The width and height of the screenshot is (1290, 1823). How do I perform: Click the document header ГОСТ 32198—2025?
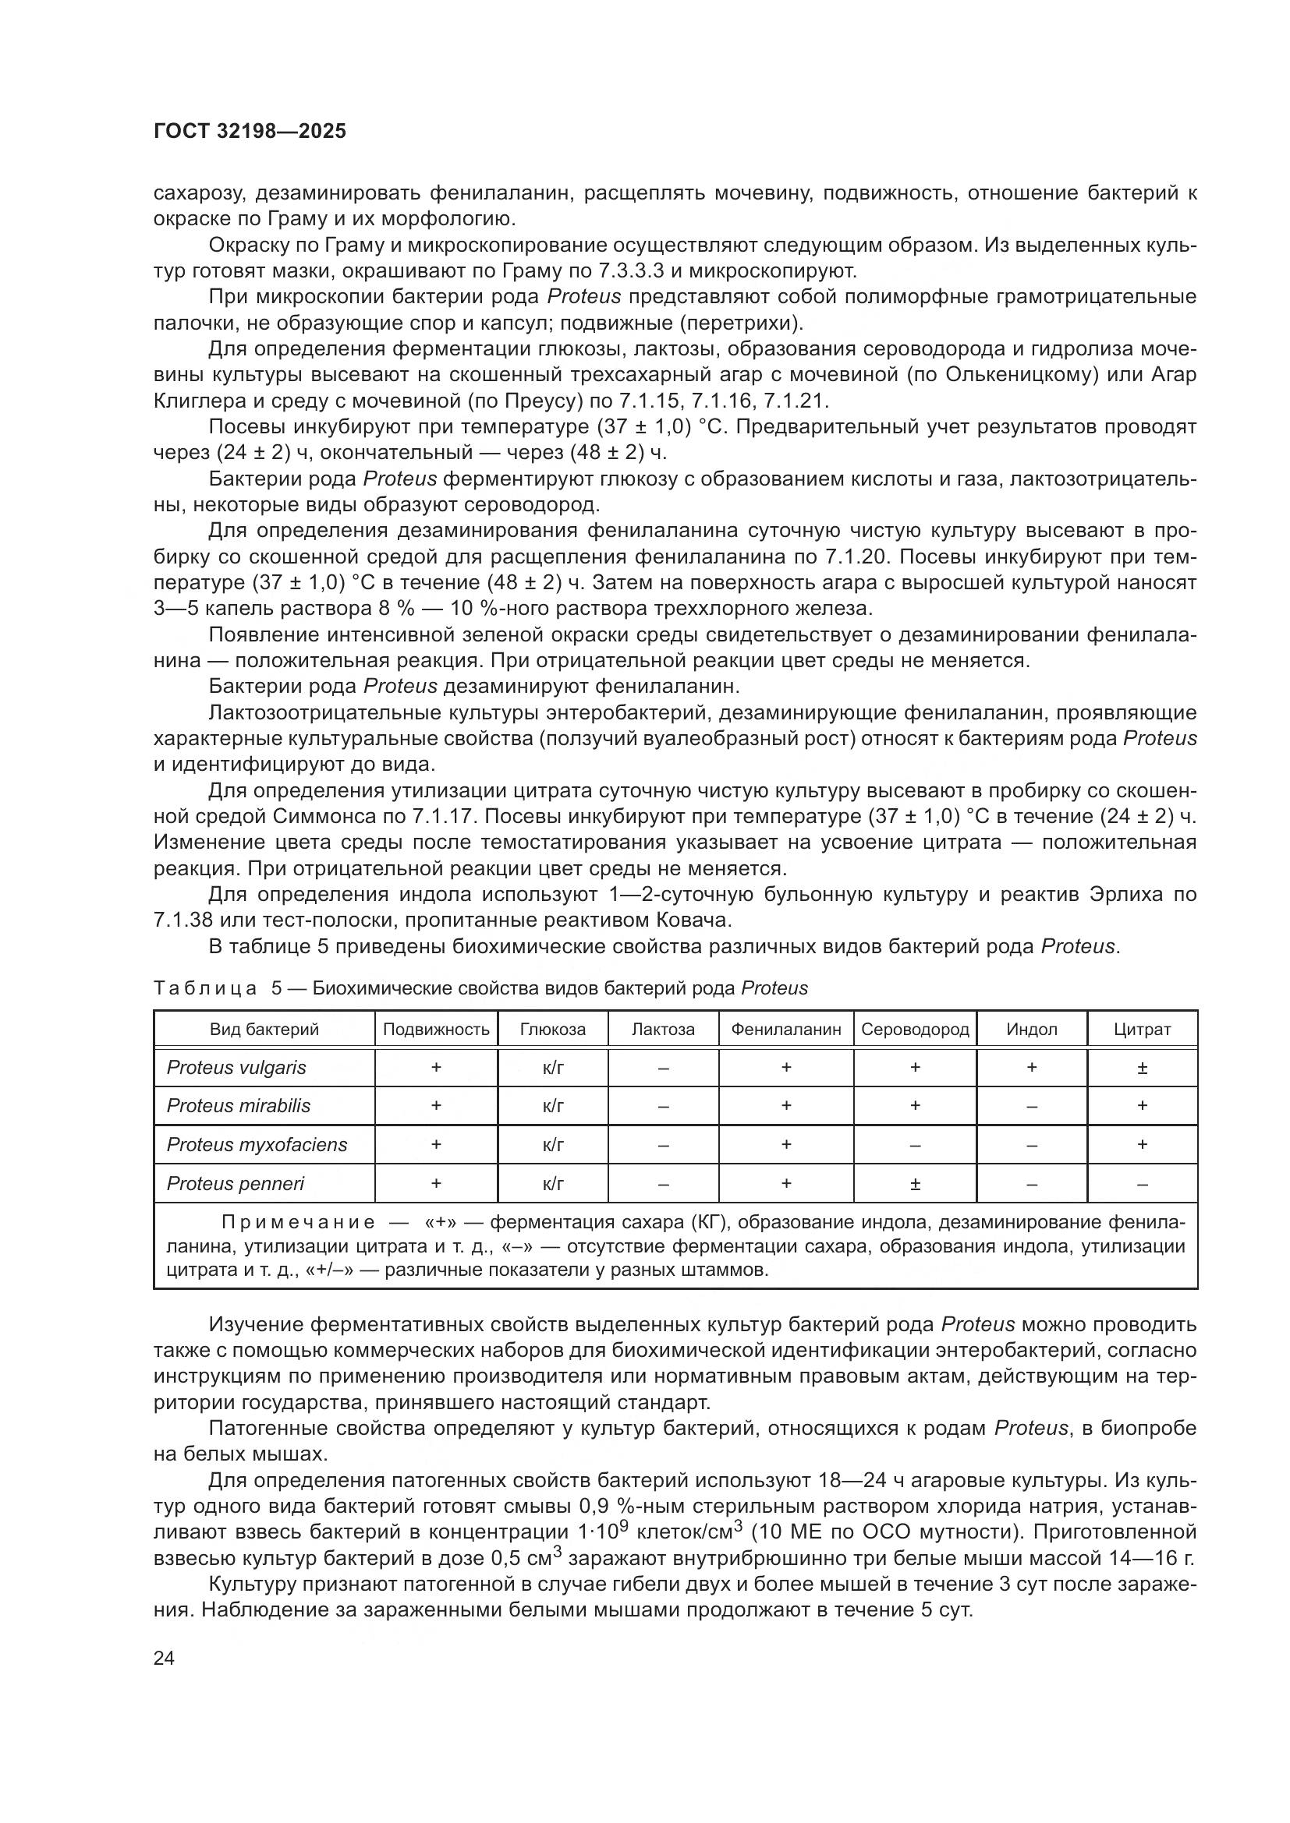[250, 132]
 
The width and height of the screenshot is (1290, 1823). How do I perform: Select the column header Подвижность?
[436, 1030]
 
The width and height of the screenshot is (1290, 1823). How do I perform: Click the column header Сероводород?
[915, 1030]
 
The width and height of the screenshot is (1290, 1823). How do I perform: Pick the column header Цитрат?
[1142, 1030]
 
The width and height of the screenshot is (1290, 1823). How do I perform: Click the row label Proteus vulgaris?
[237, 1068]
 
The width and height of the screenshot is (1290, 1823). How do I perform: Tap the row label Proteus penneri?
[235, 1184]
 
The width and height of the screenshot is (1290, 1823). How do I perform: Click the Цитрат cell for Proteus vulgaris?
[1142, 1069]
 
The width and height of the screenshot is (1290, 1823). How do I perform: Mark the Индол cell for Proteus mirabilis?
[1031, 1107]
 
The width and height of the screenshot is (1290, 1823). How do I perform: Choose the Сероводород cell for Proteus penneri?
[915, 1185]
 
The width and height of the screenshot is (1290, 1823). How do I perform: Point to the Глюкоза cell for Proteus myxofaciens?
[553, 1145]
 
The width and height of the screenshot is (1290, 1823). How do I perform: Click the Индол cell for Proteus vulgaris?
[1031, 1069]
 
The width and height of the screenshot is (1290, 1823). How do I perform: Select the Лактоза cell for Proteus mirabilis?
[663, 1107]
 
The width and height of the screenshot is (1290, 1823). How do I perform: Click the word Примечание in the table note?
[298, 1222]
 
